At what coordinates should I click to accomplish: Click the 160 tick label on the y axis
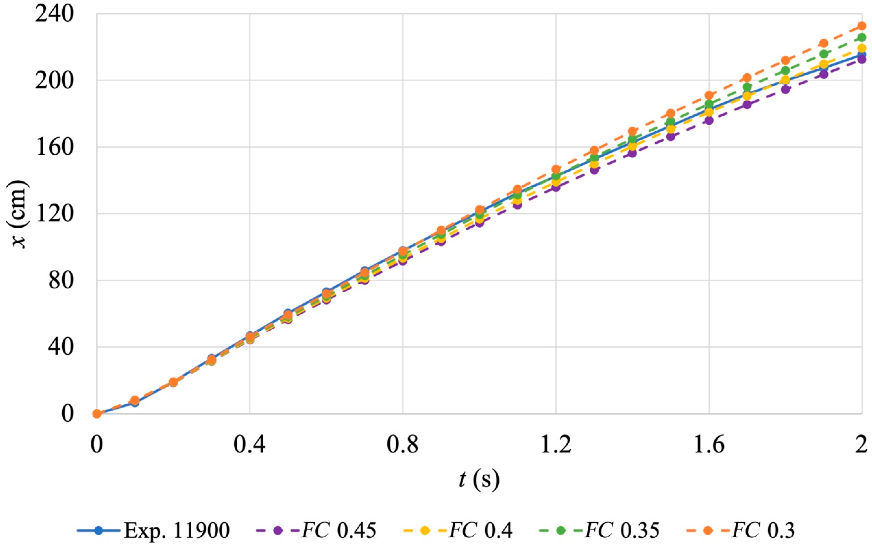click(54, 147)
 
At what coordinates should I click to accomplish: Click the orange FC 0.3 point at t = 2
click(862, 26)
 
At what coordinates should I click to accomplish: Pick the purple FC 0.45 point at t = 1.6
click(709, 120)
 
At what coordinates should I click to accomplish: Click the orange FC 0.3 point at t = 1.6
click(709, 96)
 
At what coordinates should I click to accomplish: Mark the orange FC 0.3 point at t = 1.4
click(632, 131)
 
